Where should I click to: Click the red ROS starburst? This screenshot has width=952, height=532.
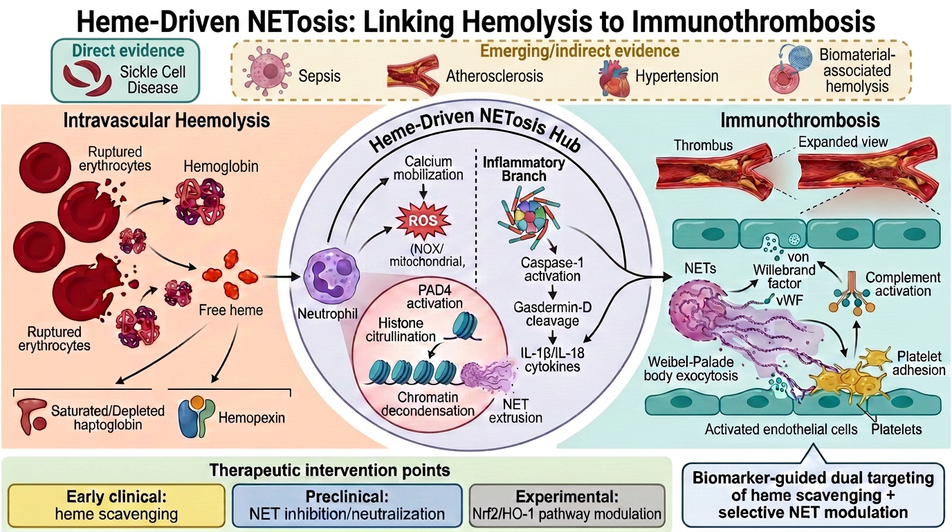[x=423, y=221]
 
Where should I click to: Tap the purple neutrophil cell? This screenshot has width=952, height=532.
[x=332, y=276]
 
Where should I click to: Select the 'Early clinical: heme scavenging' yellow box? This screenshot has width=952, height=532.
[x=116, y=506]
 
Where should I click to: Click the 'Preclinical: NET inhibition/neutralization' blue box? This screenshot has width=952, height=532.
[x=347, y=506]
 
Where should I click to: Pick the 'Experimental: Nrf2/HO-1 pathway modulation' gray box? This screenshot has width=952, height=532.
[x=567, y=506]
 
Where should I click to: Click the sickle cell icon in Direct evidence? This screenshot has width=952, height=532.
[x=88, y=77]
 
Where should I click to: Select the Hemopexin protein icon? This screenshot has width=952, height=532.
[x=196, y=417]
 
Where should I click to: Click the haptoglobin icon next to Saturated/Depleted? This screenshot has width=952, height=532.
[x=33, y=416]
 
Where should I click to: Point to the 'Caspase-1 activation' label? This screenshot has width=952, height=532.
[x=552, y=269]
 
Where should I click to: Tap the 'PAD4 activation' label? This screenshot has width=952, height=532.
[x=434, y=296]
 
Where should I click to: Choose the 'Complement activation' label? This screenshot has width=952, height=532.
[x=903, y=284]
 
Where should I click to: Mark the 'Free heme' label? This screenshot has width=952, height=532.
[x=231, y=310]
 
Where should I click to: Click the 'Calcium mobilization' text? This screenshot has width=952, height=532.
[x=428, y=168]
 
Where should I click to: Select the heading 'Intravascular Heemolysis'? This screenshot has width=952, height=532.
[x=167, y=121]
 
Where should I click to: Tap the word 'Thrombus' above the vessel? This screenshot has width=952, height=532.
[x=704, y=145]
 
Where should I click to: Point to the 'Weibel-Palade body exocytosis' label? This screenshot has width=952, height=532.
[x=690, y=369]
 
